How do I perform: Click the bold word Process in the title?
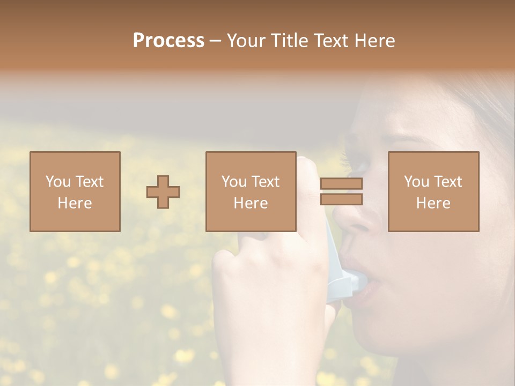pos(168,41)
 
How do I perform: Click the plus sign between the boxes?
pos(163,192)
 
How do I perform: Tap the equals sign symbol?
pos(341,191)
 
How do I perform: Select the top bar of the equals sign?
pos(341,184)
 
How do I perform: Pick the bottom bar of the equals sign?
pos(341,199)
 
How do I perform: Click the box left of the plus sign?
pos(75,191)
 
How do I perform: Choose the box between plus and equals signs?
pos(251,191)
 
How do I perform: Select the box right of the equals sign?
pos(433,191)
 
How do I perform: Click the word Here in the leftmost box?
pos(75,203)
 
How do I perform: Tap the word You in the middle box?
pos(234,182)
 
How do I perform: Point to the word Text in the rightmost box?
pos(447,182)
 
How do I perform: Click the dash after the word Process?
pos(215,41)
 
